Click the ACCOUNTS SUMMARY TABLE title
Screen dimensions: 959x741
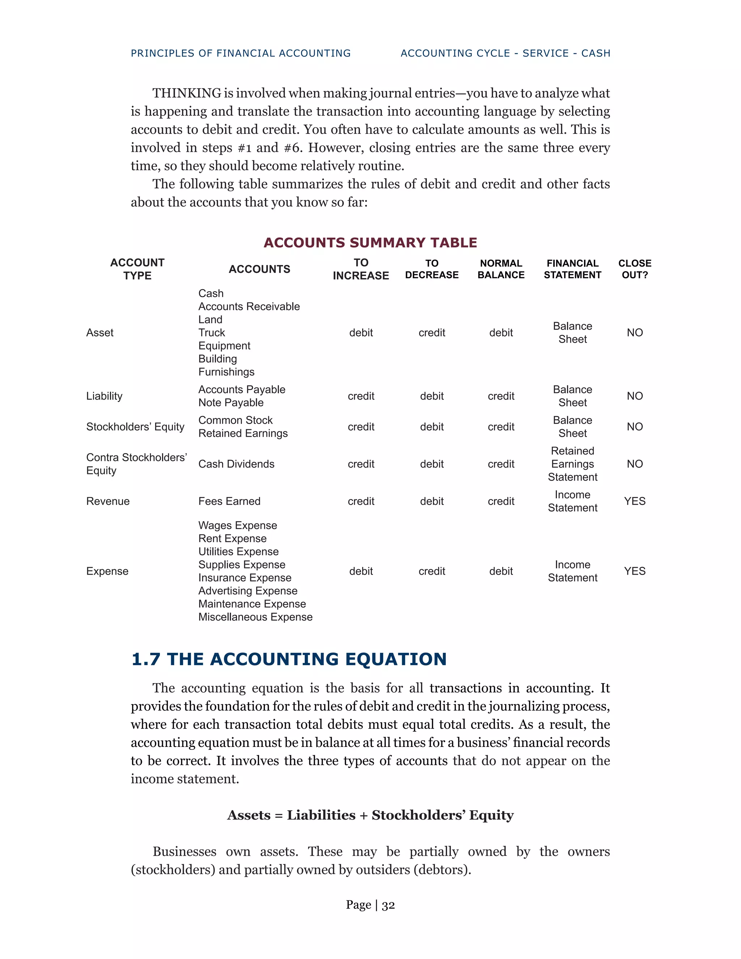pos(370,242)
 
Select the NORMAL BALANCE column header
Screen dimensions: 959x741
pos(501,269)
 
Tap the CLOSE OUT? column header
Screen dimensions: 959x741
pos(635,269)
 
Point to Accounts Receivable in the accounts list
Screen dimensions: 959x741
pos(249,307)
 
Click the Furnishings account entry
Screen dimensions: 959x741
pos(226,372)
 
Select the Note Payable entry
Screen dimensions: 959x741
pos(231,403)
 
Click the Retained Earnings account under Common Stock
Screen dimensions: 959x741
pos(243,434)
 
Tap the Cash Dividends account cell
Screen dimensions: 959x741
pos(236,464)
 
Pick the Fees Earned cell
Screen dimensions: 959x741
pos(229,502)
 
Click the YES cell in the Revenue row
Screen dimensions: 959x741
pos(635,502)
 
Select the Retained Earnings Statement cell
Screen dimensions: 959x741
pos(572,464)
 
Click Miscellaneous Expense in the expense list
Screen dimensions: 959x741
pos(255,617)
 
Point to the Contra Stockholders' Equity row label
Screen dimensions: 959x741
pos(136,464)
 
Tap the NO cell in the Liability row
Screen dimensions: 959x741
pos(635,396)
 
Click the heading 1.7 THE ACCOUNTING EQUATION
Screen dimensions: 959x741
pos(289,659)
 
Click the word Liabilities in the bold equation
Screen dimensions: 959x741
pos(321,815)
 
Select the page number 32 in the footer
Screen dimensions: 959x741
pos(388,905)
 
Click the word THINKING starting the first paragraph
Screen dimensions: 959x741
pos(187,93)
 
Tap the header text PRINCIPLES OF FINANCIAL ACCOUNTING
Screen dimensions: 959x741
pos(241,54)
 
